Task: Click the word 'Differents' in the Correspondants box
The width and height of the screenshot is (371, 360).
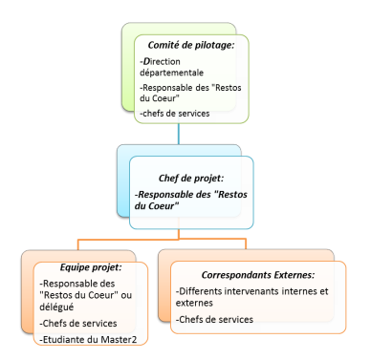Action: click(x=201, y=290)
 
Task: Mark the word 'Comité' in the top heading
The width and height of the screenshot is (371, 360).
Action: click(x=165, y=45)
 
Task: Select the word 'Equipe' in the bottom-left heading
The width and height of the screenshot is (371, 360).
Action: click(x=56, y=268)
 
